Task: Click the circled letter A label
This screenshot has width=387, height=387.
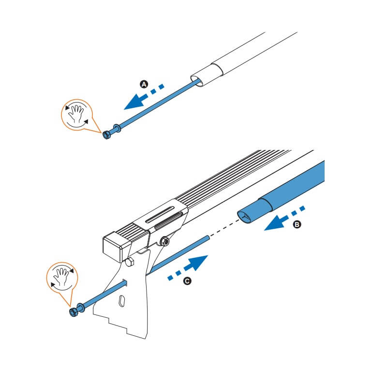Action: [144, 84]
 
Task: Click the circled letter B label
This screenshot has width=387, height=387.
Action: [297, 224]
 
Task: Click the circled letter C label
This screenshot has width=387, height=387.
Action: [187, 281]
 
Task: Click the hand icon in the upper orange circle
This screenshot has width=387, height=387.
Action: [76, 114]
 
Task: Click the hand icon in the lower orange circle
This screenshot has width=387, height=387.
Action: [62, 276]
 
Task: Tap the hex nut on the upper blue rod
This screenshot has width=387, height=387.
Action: [106, 135]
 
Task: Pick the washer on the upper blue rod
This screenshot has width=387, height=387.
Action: [117, 128]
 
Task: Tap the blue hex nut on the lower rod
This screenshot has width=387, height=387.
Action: [74, 312]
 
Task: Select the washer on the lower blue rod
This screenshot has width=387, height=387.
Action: [81, 307]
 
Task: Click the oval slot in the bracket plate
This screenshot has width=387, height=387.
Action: [122, 301]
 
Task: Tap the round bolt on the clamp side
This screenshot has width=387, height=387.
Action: [164, 241]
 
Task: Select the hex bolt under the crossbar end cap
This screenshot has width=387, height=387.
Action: [130, 262]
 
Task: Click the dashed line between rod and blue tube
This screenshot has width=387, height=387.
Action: [225, 228]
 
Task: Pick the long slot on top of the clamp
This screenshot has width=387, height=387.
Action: [160, 215]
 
